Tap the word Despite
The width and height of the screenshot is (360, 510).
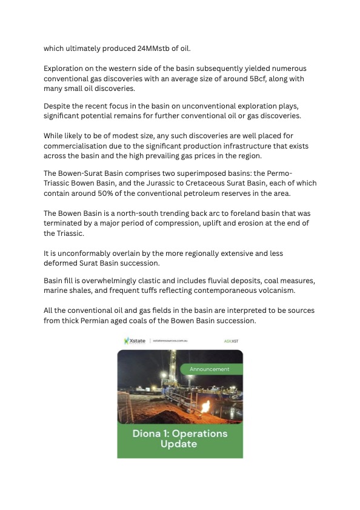tap(58, 106)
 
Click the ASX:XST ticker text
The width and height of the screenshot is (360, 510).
tap(231, 341)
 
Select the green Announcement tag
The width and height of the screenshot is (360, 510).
tap(210, 369)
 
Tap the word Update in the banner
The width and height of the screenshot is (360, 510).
tap(179, 444)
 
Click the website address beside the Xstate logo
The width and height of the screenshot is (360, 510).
tap(170, 341)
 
